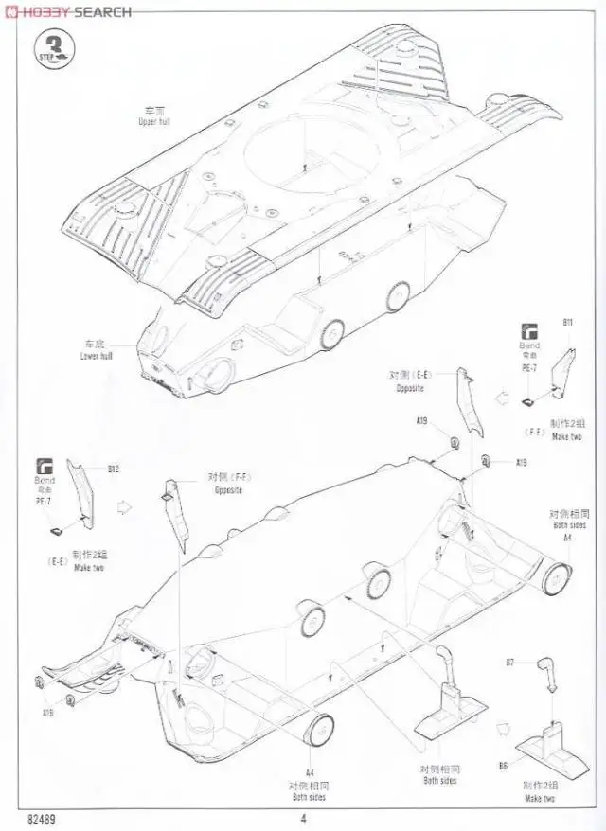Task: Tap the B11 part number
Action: [567, 323]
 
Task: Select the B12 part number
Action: [114, 469]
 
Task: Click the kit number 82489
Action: [42, 820]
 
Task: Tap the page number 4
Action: [303, 820]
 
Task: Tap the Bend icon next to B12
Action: [45, 467]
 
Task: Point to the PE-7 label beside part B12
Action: [54, 502]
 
